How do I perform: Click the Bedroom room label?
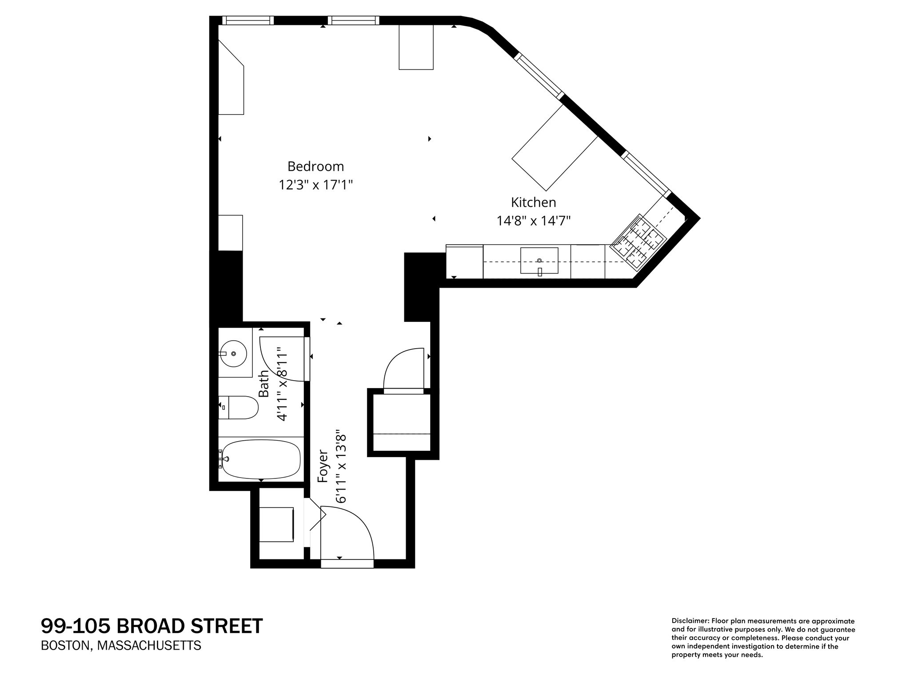pos(315,166)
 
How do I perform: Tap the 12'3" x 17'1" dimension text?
pos(315,185)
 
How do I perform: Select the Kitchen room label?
pos(533,202)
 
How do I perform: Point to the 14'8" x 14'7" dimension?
pos(533,221)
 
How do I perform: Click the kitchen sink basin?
pos(539,261)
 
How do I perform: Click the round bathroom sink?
pos(234,354)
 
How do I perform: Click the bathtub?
pos(261,459)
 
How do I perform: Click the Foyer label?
pos(323,466)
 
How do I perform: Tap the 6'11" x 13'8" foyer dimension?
pos(341,466)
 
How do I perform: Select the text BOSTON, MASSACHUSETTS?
pos(121,645)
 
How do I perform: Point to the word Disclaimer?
pos(690,621)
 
